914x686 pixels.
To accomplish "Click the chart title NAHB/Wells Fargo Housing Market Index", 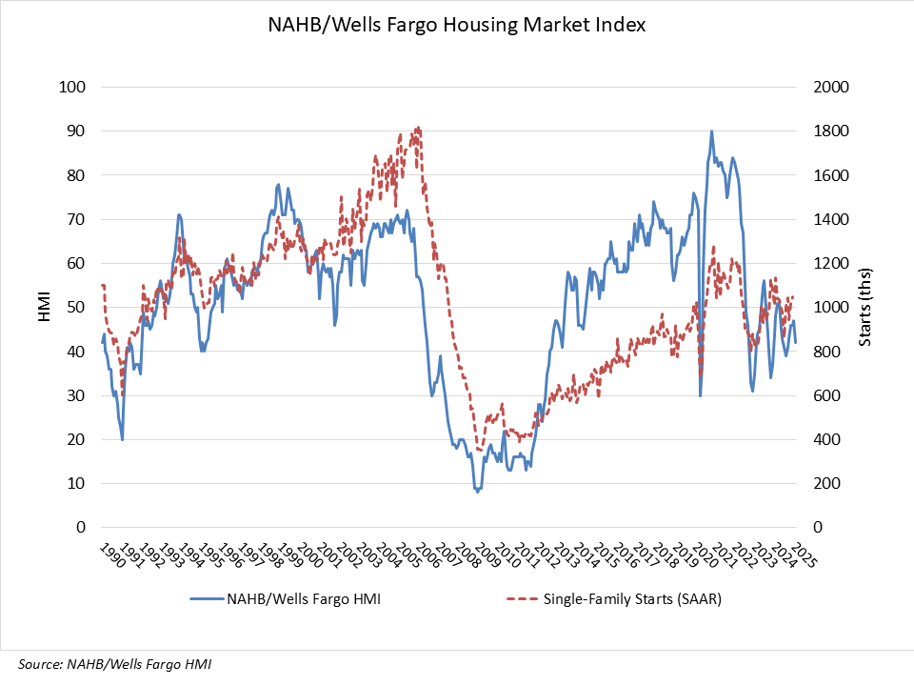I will coord(457,26).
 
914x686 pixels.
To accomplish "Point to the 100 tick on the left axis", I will coord(73,88).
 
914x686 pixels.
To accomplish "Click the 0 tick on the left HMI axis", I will coord(81,528).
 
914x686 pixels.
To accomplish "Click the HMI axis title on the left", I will coord(44,308).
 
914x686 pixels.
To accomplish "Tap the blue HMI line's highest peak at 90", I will coord(711,131).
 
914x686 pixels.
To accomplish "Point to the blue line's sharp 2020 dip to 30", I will coord(700,395).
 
